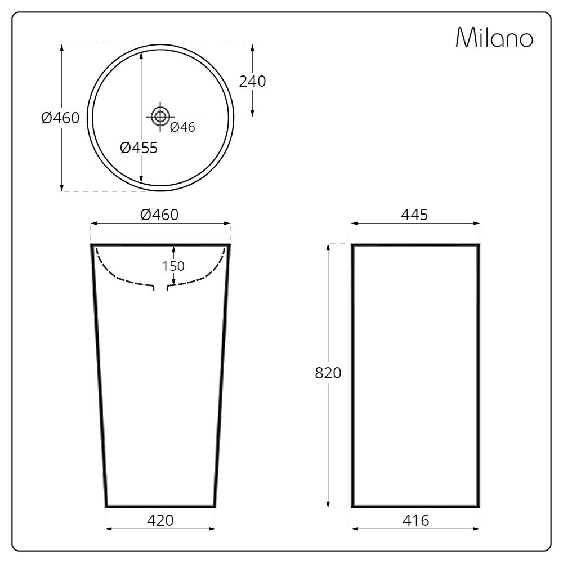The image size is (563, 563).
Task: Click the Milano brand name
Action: click(494, 38)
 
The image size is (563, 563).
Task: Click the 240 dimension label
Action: click(252, 81)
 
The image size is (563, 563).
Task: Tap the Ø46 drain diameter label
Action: click(182, 127)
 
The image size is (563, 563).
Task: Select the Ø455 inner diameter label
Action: click(138, 148)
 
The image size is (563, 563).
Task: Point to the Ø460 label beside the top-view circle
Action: click(60, 118)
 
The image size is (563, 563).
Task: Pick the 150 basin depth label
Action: click(173, 266)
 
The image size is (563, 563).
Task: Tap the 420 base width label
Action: click(160, 520)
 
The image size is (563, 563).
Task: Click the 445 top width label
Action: click(415, 215)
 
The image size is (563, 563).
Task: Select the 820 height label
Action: click(328, 373)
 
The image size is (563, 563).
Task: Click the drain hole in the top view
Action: click(160, 117)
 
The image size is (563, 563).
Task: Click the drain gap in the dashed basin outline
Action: click(160, 288)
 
